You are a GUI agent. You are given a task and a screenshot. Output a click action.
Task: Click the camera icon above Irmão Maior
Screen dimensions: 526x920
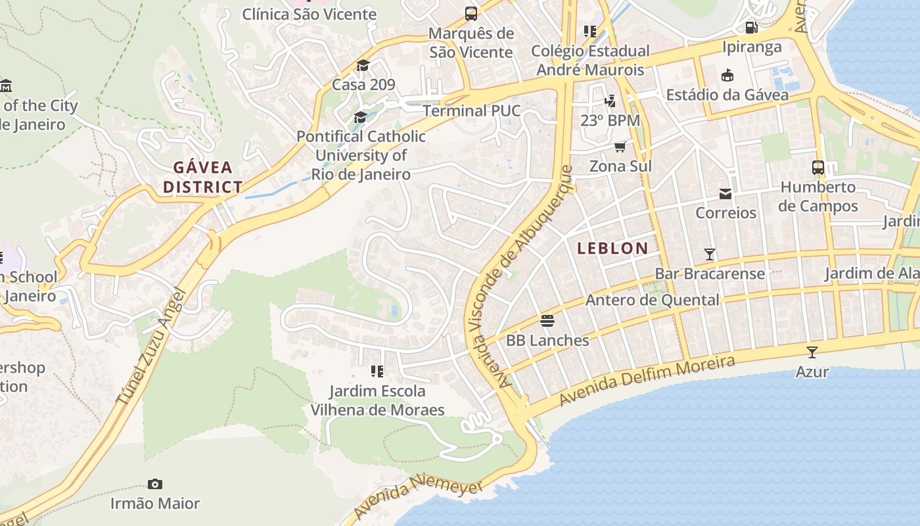click(155, 485)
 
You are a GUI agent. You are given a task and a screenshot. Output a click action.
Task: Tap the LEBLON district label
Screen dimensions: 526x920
click(612, 249)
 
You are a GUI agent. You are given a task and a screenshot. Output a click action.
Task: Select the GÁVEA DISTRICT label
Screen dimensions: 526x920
click(202, 177)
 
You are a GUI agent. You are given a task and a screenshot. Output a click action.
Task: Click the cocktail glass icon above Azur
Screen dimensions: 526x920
click(812, 352)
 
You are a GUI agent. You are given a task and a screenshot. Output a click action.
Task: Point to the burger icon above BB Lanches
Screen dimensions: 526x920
click(547, 321)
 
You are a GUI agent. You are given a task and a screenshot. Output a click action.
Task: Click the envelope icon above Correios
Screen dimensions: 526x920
click(725, 193)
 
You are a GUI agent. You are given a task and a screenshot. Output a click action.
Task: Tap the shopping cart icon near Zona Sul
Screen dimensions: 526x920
click(620, 146)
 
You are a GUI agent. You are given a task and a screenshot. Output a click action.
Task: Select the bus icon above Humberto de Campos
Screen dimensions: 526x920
click(817, 168)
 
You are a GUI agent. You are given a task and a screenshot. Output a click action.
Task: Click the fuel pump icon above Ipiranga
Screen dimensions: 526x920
click(751, 28)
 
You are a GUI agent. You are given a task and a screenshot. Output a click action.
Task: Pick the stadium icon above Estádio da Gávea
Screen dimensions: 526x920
click(727, 76)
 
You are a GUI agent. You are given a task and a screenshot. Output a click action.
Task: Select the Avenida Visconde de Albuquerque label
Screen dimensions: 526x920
click(534, 276)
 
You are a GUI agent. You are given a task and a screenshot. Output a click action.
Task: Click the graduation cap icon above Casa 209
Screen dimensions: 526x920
click(363, 65)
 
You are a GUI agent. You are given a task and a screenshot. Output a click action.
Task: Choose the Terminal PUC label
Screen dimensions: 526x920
click(471, 110)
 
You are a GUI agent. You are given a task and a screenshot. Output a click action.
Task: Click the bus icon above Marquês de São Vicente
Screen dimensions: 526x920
click(471, 14)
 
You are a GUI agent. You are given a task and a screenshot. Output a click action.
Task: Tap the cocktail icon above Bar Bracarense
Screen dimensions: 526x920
click(709, 254)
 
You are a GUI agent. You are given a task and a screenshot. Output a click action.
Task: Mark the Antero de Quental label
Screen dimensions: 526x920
click(652, 300)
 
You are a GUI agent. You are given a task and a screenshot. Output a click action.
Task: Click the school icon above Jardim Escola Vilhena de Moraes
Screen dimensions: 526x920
click(377, 372)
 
